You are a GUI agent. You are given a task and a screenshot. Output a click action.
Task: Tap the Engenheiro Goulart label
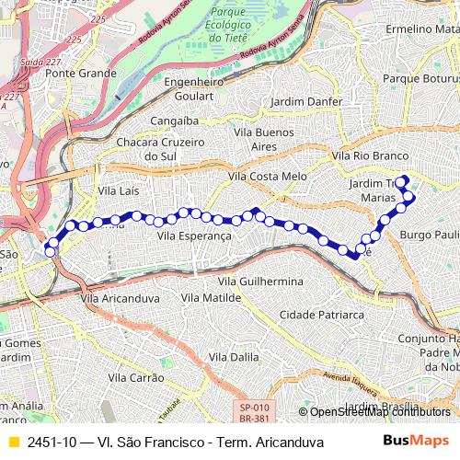pos(194,86)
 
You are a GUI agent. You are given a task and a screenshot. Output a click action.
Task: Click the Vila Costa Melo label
pos(268,176)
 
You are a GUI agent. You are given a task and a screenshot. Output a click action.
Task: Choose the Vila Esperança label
pos(194,236)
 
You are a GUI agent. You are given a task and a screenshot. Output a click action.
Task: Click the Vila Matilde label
pos(211,298)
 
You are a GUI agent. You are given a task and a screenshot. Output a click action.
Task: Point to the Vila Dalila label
pos(235,356)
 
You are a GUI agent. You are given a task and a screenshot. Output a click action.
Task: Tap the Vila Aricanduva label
pos(116,298)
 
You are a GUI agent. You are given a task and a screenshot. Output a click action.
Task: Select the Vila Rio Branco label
pos(369,156)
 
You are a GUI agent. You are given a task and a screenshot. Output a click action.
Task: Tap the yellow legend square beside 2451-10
pos(13,442)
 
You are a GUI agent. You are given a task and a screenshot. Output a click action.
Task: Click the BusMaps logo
pos(416,442)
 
